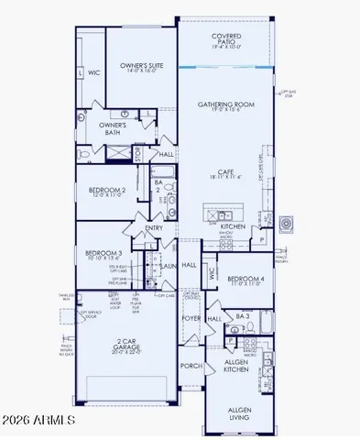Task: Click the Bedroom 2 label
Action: coord(108,192)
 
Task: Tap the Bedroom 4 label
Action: coord(246,280)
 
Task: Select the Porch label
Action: coord(191,367)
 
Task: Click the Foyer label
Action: coord(191,321)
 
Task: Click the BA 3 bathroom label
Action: coord(242,316)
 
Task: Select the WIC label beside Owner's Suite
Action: coord(93,71)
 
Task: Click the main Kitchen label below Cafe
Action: coord(233,225)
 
